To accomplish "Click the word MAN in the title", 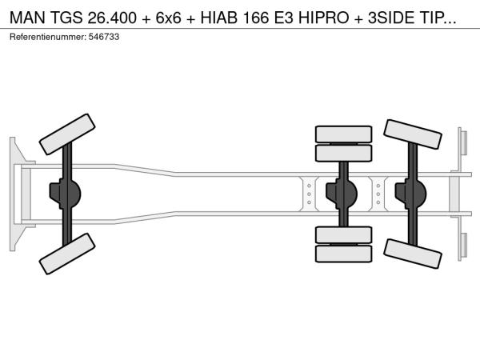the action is coord(27,18).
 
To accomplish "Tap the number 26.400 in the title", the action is coord(112,18).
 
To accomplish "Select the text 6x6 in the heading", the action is coord(168,18).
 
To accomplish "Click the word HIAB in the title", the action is coord(219,18).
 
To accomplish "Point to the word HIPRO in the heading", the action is coord(323,18).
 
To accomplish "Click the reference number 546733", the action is coord(104,37).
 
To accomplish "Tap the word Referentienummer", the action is coord(48,37).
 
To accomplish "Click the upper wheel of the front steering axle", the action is coord(67,134).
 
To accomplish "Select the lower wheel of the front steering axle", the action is coord(67,254).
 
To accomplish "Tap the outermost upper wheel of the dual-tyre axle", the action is coord(343,134).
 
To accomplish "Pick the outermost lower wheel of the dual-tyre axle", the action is coord(343,254).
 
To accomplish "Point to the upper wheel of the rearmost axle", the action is coord(412,134).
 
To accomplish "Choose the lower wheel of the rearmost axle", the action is coord(412,254).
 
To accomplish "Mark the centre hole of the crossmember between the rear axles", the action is coord(378,194).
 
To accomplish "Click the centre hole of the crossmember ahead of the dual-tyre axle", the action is coord(309,194).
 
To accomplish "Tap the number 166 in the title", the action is coord(256,18).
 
